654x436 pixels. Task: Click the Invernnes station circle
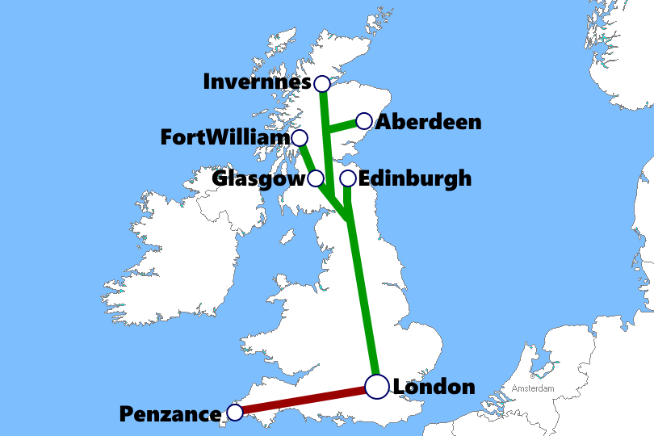[x=321, y=83]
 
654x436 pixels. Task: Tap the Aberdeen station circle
[x=364, y=121]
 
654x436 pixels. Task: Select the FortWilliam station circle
[x=300, y=138]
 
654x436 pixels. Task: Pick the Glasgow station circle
[x=317, y=178]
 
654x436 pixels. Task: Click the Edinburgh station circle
[x=348, y=178]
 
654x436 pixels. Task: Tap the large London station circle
[x=377, y=387]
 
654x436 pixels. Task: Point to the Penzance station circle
[x=235, y=413]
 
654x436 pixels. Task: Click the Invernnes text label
[x=257, y=82]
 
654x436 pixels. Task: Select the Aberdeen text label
[x=429, y=122]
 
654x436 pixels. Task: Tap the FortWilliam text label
[x=225, y=137]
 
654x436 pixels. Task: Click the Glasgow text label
[x=259, y=178]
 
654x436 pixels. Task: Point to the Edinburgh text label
[x=415, y=178]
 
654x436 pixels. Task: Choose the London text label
[x=434, y=387]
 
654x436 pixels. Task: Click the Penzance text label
[x=170, y=414]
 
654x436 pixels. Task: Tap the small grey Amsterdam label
[x=533, y=389]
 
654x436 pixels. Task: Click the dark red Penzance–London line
[x=305, y=400]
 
